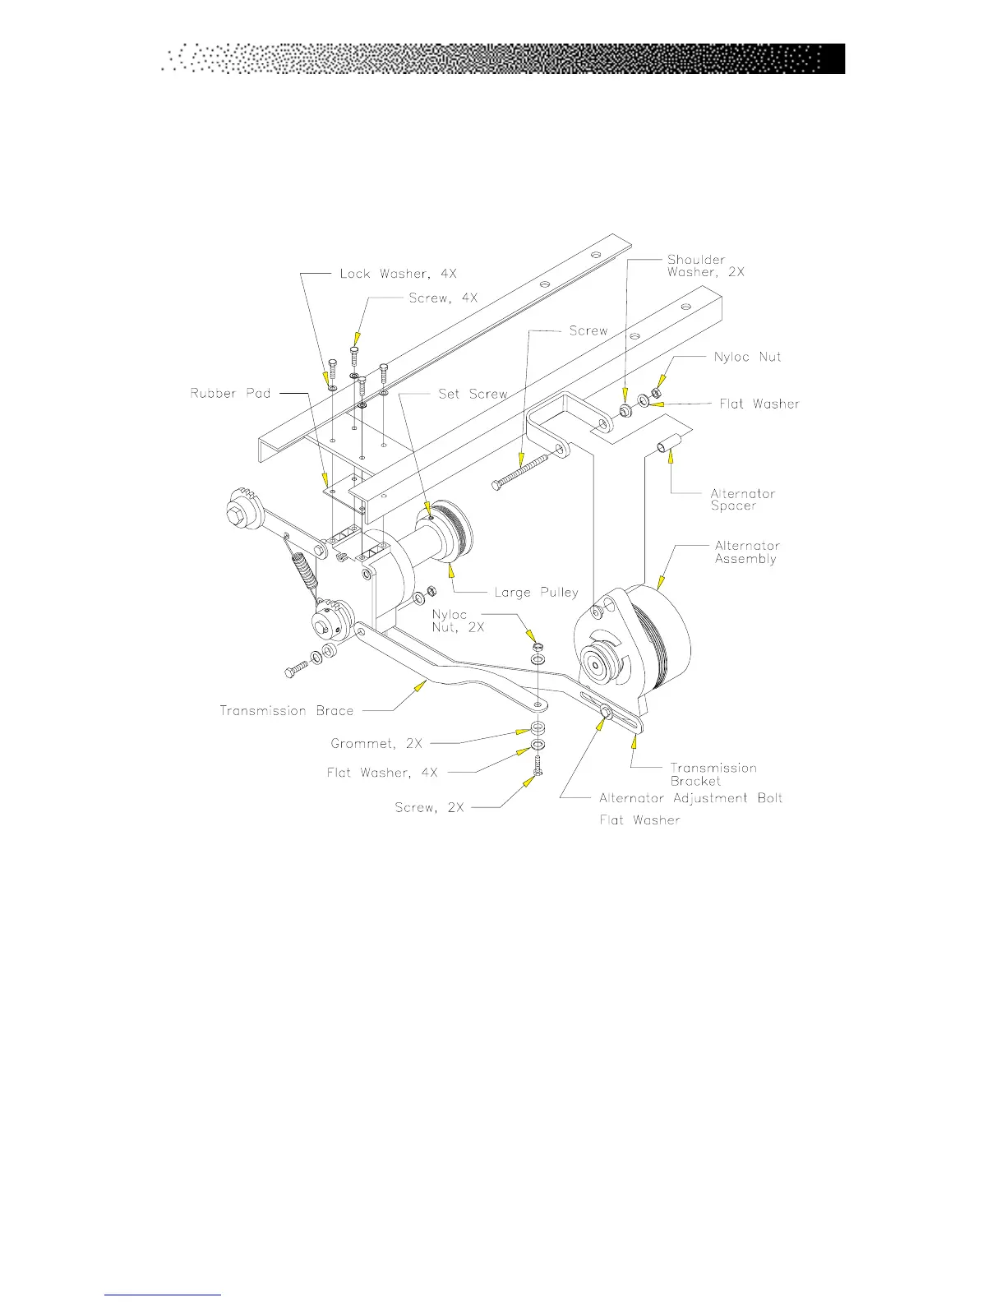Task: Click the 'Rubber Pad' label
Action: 230,394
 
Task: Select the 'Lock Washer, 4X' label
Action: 398,274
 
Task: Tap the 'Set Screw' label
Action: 473,394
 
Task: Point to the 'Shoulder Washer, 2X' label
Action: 705,265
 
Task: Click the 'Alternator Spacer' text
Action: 742,500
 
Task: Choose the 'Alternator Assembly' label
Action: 746,552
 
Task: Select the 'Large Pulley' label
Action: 536,592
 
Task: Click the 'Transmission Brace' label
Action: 286,710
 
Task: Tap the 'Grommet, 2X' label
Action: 376,743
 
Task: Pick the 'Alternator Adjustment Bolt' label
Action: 690,798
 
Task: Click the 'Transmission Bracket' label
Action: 713,774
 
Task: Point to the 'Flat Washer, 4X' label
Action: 382,773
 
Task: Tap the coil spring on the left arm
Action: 303,563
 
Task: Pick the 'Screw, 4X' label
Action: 443,298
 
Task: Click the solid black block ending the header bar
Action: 832,59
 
